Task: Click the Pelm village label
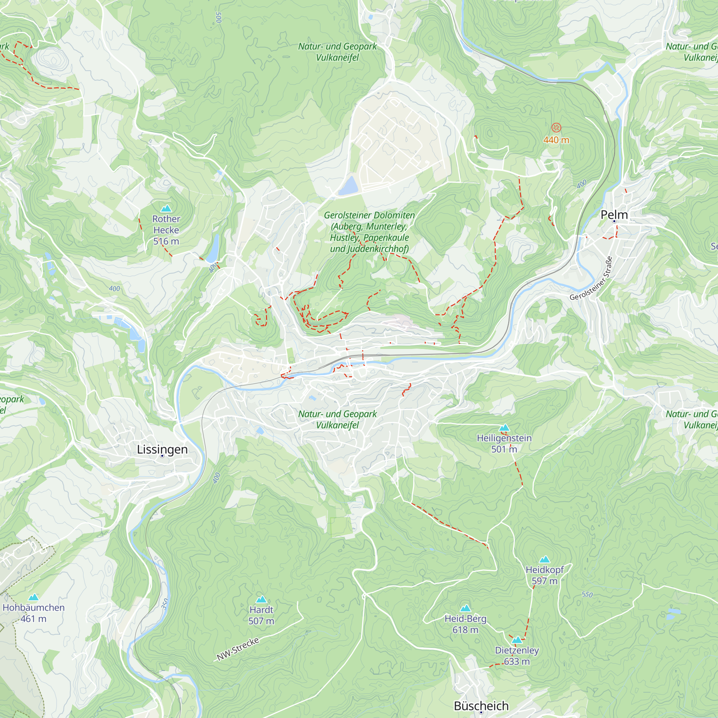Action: tap(614, 215)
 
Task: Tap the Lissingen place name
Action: tap(162, 449)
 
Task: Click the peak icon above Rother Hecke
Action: tap(166, 208)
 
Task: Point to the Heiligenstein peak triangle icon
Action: tap(504, 428)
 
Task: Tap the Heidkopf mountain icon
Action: tap(545, 559)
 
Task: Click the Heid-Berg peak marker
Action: tap(465, 609)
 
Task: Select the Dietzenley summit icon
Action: tap(517, 640)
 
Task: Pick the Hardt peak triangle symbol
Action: tap(261, 600)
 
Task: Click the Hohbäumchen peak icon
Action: tap(34, 597)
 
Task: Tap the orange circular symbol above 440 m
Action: tap(556, 128)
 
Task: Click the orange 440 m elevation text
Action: tap(556, 140)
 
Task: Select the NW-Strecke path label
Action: tap(238, 649)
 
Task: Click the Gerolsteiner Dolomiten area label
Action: tap(369, 232)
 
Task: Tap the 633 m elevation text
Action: tap(517, 662)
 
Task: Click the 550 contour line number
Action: tap(587, 595)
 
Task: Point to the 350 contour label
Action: tap(165, 604)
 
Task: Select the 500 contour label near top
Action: tap(219, 18)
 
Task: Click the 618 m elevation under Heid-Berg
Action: tap(465, 630)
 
